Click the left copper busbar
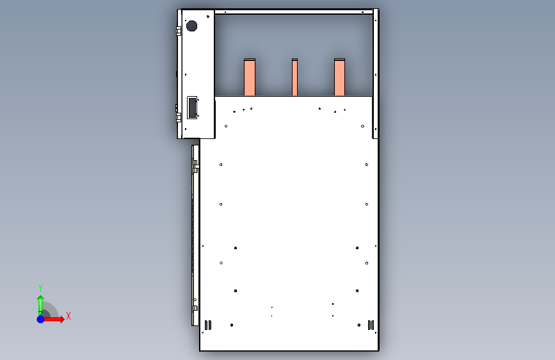click(x=250, y=77)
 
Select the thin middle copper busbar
click(x=294, y=77)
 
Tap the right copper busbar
click(x=339, y=77)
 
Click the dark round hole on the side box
click(x=191, y=26)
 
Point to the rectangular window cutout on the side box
click(x=192, y=108)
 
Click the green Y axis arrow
click(x=40, y=305)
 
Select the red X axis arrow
click(x=54, y=319)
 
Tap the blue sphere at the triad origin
click(x=41, y=319)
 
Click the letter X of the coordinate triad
click(x=68, y=316)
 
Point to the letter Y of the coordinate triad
click(x=40, y=288)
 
